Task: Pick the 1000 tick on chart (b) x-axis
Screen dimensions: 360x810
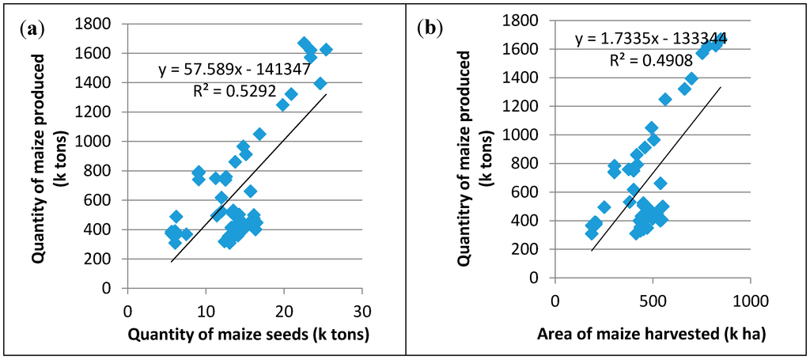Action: [x=748, y=301]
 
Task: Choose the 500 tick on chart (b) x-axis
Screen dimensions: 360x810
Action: [x=652, y=301]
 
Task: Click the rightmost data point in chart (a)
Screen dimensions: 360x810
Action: [x=326, y=50]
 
